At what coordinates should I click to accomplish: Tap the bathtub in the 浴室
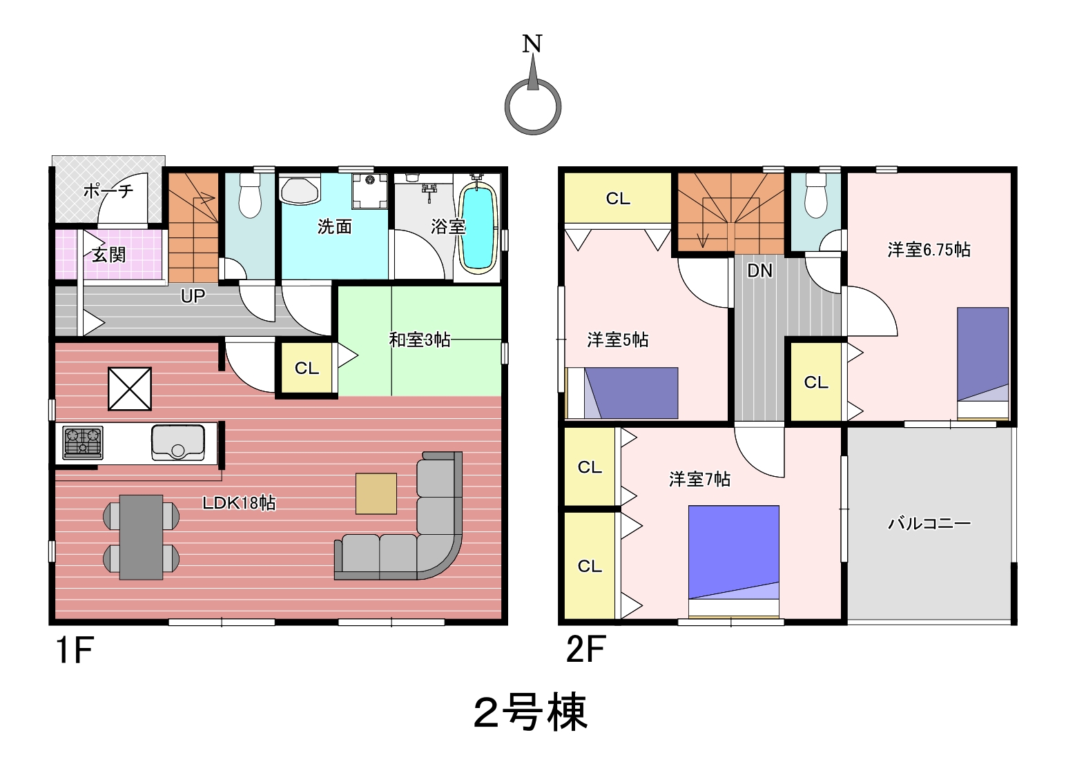(478, 229)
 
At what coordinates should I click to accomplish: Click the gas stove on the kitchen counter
(83, 442)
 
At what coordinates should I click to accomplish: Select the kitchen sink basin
(178, 443)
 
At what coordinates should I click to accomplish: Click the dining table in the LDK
(142, 537)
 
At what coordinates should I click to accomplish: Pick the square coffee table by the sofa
(376, 493)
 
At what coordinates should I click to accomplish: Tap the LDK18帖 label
(239, 503)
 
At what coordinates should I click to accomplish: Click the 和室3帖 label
(419, 340)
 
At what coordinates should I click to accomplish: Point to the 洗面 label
(335, 226)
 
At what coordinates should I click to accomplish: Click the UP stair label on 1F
(193, 297)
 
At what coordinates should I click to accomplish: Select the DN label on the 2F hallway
(759, 271)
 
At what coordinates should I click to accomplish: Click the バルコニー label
(929, 524)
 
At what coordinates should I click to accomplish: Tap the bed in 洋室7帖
(734, 562)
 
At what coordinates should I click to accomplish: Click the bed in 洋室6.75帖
(982, 364)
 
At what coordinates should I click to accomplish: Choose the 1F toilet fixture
(250, 195)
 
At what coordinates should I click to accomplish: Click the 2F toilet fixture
(816, 195)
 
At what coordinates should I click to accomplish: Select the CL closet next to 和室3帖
(307, 368)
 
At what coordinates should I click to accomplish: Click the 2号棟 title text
(531, 712)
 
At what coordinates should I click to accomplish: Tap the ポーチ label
(108, 191)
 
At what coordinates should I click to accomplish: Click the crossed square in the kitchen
(130, 389)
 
